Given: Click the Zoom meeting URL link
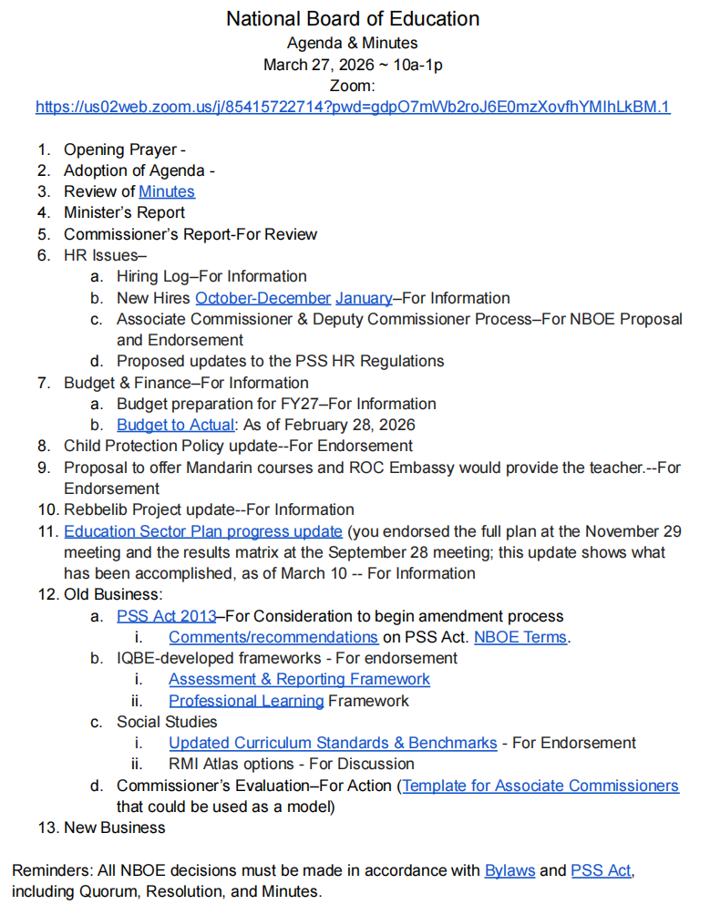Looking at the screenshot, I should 353,107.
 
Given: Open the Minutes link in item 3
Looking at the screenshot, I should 167,191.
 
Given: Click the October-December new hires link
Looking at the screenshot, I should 262,298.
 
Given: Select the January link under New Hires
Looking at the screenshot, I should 364,298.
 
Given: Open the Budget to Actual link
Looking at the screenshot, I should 175,425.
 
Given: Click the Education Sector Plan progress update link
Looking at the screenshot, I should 203,531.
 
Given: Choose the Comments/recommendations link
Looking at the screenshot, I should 273,637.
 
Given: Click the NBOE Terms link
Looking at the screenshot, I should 520,637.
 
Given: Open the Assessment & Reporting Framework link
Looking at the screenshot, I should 299,679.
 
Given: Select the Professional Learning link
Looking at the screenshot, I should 246,701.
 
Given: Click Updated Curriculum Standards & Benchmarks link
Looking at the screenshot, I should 333,743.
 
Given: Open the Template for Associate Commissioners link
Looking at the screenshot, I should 540,786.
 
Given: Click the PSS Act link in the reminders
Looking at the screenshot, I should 601,870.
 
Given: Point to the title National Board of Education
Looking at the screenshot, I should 353,19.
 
